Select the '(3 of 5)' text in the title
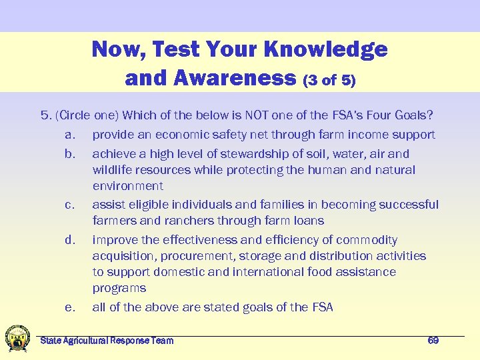[x=329, y=81]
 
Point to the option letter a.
[x=69, y=135]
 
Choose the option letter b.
[x=69, y=154]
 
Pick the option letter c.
[x=69, y=205]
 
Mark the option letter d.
[x=69, y=240]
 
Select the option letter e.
[x=69, y=307]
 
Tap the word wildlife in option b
[x=114, y=170]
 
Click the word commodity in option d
[x=367, y=240]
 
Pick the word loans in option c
[x=309, y=221]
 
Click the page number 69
[x=433, y=341]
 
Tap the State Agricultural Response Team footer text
[x=107, y=341]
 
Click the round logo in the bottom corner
[x=17, y=338]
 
